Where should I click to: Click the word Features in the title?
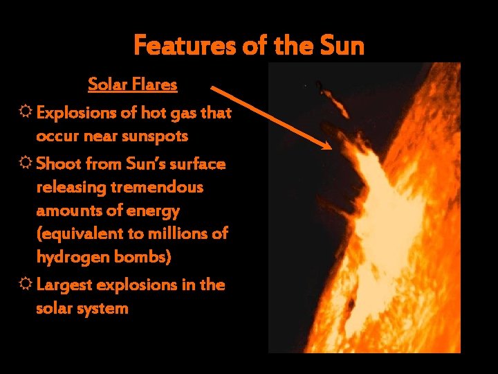[176, 46]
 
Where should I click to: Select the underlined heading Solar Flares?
[132, 85]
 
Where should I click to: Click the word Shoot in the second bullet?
[57, 164]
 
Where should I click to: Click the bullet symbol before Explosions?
[26, 113]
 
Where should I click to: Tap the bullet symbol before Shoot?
[26, 164]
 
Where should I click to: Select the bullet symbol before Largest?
[26, 285]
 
